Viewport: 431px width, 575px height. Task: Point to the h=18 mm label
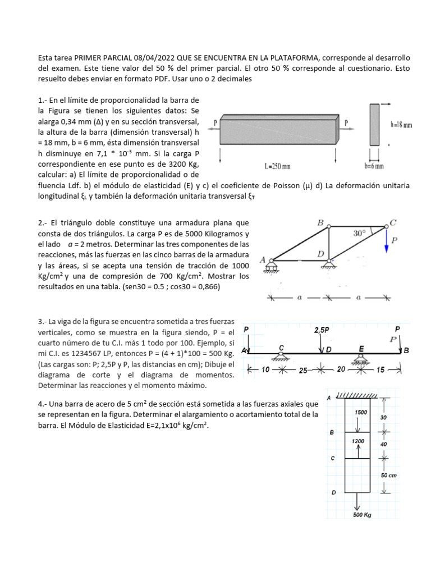pyautogui.click(x=401, y=125)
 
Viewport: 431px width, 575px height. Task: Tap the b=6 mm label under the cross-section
pyautogui.click(x=374, y=166)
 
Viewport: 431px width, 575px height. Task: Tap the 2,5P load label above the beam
pyautogui.click(x=322, y=330)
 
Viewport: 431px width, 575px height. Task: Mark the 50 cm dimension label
pyautogui.click(x=389, y=476)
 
